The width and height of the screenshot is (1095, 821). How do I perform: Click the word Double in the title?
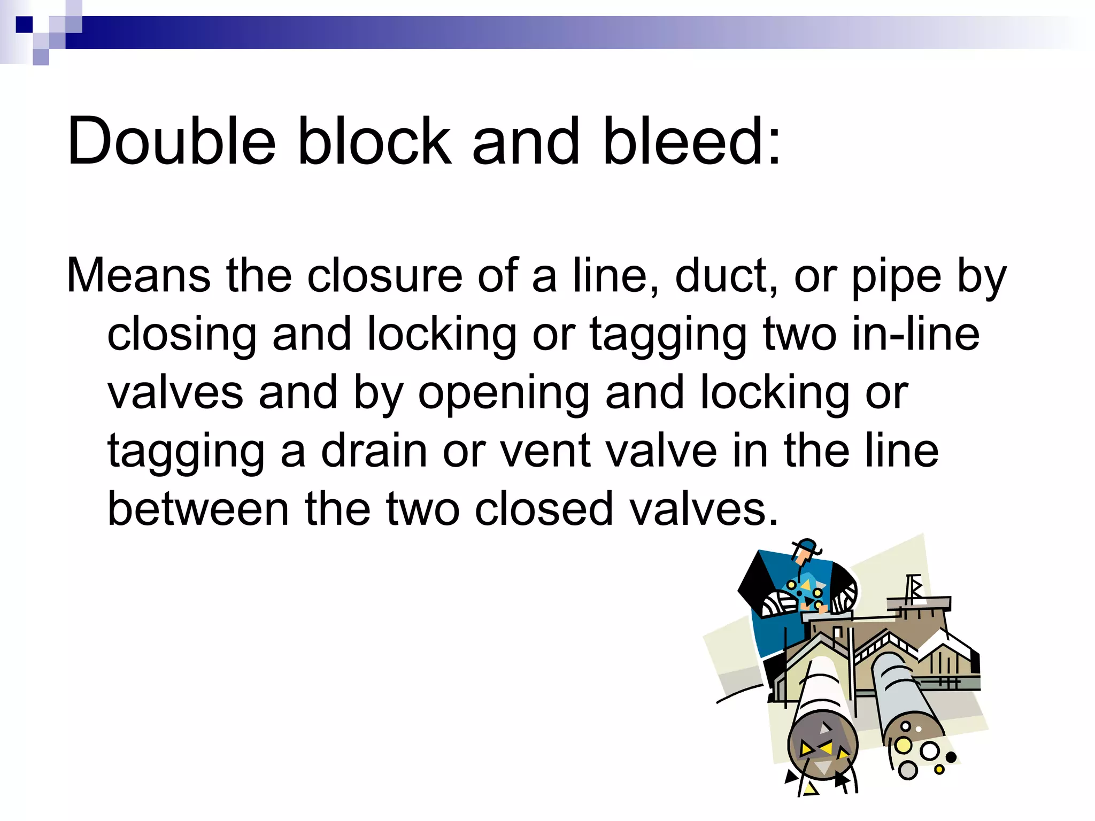tap(171, 142)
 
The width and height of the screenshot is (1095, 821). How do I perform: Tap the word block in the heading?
tap(374, 142)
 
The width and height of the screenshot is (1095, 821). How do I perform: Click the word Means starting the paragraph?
tap(138, 276)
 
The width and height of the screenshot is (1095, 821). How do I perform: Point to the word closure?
tap(384, 276)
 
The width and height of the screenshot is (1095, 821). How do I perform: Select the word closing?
tap(182, 336)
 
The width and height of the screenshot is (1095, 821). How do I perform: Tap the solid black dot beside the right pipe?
tap(951, 757)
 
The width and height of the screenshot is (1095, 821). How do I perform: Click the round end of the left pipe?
tap(822, 746)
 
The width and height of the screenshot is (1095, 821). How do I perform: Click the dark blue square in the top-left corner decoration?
tap(24, 25)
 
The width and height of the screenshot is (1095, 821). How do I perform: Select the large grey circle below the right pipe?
tap(908, 770)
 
